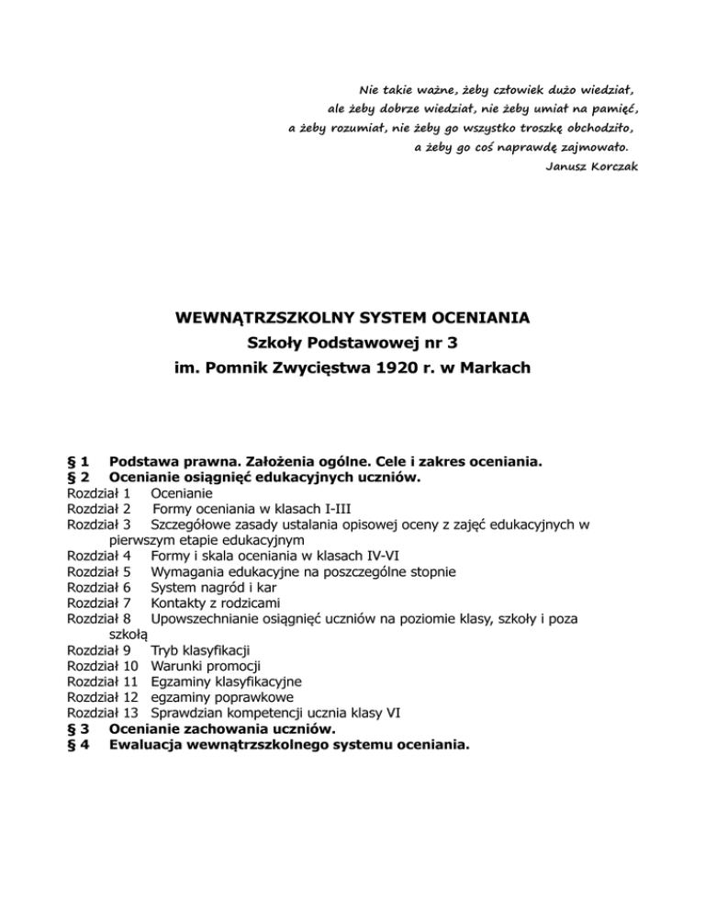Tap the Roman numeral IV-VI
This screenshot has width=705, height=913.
pyautogui.click(x=378, y=555)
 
